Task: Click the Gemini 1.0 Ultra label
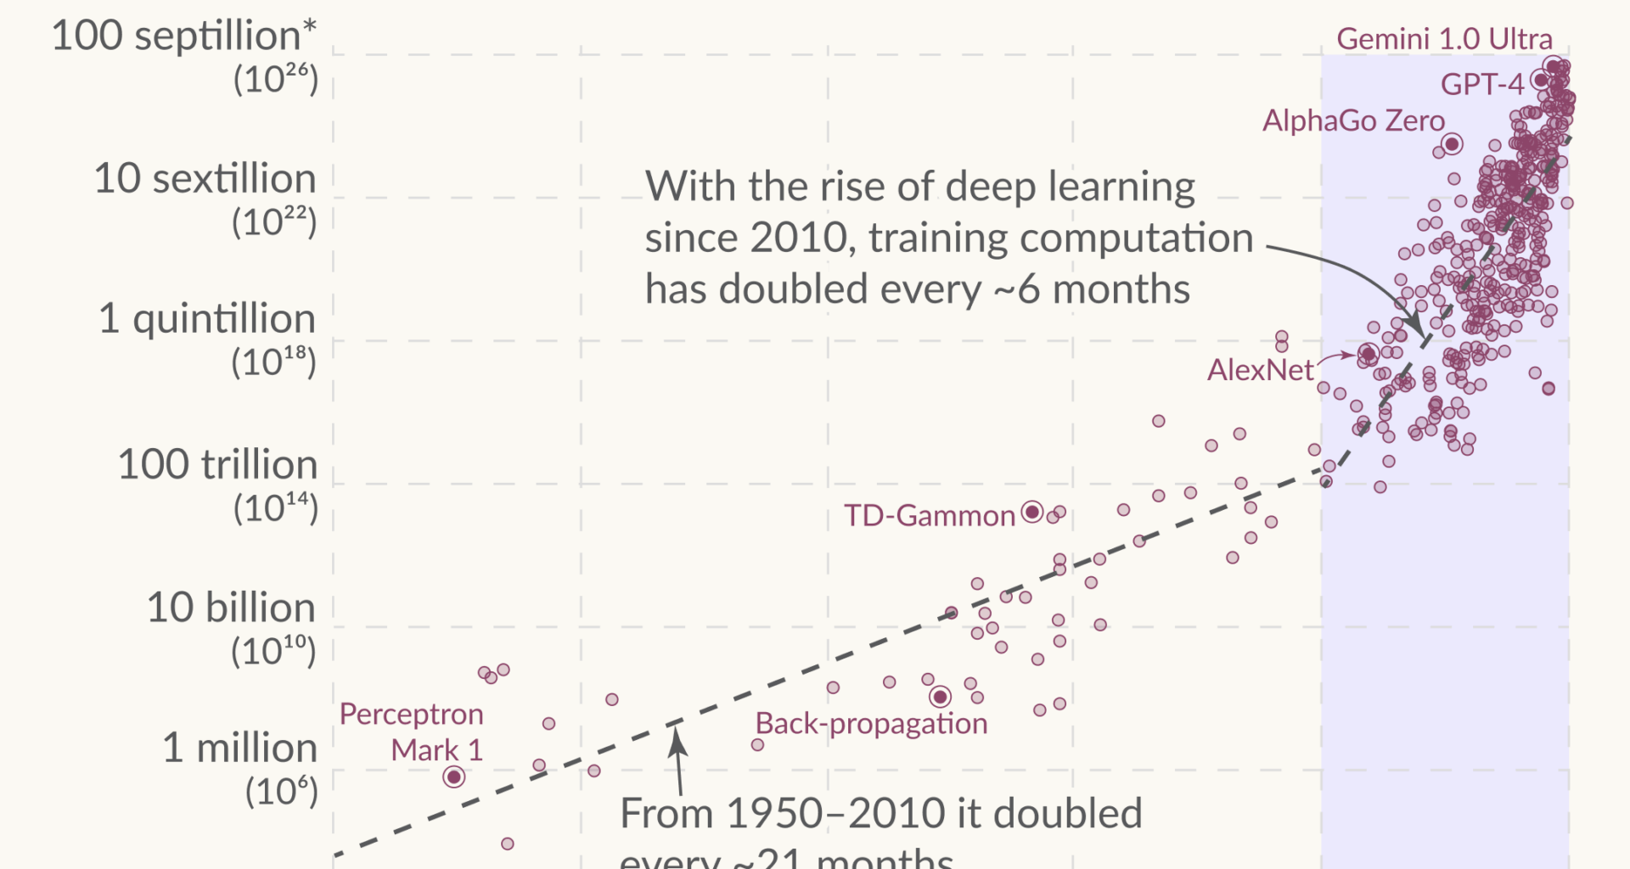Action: coord(1444,39)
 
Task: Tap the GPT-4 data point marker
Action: coord(1540,81)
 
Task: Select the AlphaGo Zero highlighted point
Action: coord(1453,144)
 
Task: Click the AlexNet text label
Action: coord(1260,370)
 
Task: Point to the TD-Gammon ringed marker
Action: coord(1032,512)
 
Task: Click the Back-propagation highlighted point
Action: coord(940,697)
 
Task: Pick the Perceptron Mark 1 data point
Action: coord(454,776)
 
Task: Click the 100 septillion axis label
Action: coord(183,36)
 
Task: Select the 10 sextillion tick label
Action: coord(205,179)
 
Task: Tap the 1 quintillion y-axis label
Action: coord(207,319)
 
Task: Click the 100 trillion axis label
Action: coord(217,465)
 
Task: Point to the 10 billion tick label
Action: coord(231,608)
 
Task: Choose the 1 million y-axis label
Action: coord(240,748)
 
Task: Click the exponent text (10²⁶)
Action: coord(275,80)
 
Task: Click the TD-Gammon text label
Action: coord(930,516)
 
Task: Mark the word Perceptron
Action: coord(412,715)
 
